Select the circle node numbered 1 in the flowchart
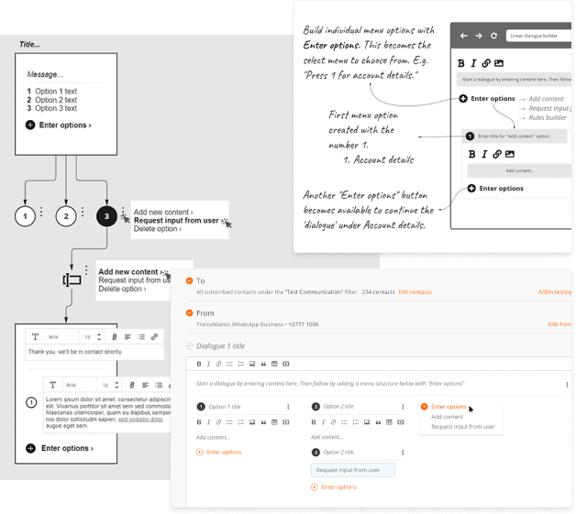point(27,217)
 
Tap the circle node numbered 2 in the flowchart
point(66,217)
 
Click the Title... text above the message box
point(30,44)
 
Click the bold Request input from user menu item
point(176,221)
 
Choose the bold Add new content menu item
point(128,272)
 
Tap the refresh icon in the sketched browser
point(494,36)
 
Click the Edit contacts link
point(415,291)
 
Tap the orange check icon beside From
point(189,313)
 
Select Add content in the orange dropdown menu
point(447,417)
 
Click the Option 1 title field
point(226,407)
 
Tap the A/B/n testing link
point(556,291)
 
